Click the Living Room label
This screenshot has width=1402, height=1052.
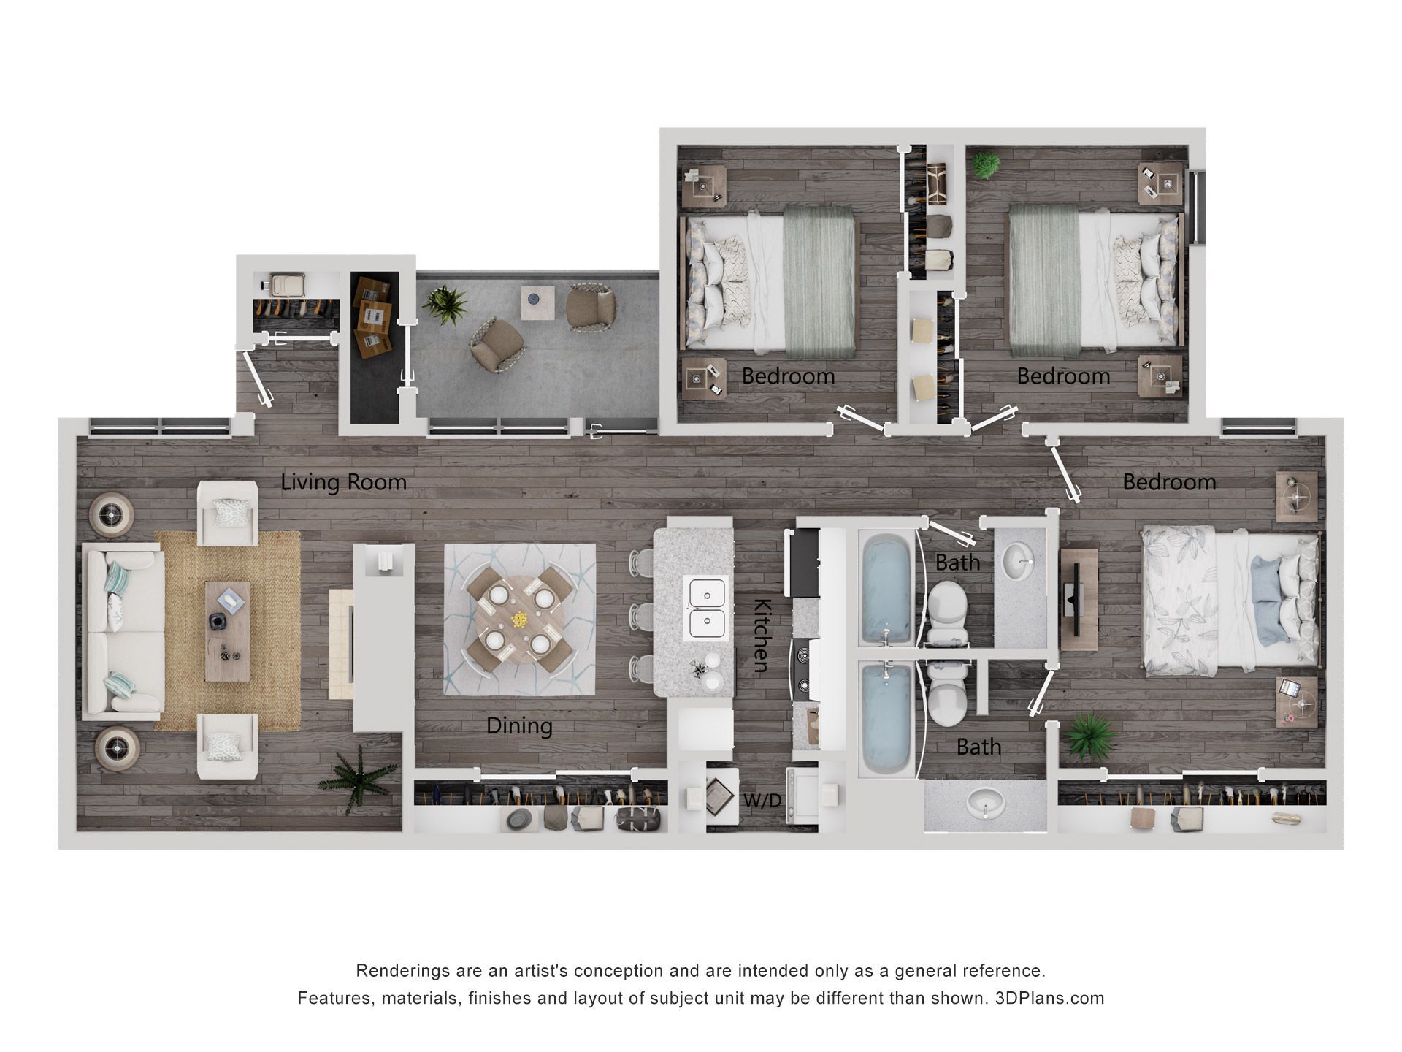point(343,483)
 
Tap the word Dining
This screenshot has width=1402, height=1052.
point(519,726)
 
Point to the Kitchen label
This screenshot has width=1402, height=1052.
point(762,635)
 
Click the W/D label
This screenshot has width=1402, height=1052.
point(762,801)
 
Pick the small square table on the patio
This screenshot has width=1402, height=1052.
point(537,302)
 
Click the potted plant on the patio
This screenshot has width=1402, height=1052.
point(445,304)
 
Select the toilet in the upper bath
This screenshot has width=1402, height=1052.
point(947,606)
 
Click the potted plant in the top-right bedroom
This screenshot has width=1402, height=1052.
point(987,165)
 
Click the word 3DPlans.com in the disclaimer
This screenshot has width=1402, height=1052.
point(1049,998)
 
